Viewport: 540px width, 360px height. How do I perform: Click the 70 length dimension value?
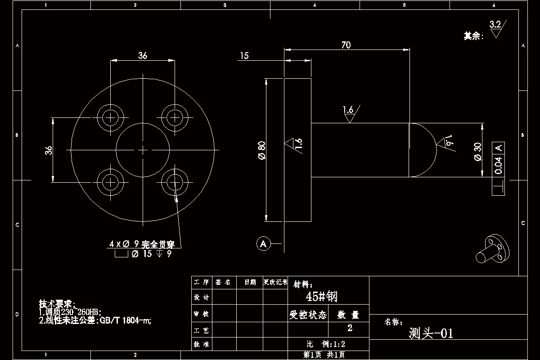tap(346, 45)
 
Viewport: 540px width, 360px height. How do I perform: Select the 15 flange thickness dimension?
tap(244, 56)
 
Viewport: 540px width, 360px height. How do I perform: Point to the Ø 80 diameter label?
tap(261, 150)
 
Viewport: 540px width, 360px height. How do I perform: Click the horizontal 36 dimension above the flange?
tap(143, 55)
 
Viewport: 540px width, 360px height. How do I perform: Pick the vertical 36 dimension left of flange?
tap(49, 150)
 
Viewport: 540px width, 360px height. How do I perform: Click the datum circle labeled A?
tap(263, 244)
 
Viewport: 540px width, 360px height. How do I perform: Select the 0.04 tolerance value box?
tap(498, 166)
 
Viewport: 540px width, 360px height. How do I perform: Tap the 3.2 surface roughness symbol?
tap(497, 28)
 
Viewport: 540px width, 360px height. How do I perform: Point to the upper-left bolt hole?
tap(110, 117)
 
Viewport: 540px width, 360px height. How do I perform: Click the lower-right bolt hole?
tap(175, 182)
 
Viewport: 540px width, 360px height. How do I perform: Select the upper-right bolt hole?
tap(175, 117)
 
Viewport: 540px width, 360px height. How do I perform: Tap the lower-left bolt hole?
tap(110, 182)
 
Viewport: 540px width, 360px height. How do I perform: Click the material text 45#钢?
tap(321, 297)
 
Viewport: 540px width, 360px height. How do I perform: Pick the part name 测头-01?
tap(431, 333)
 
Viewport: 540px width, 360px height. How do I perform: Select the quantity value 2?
tap(350, 328)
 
